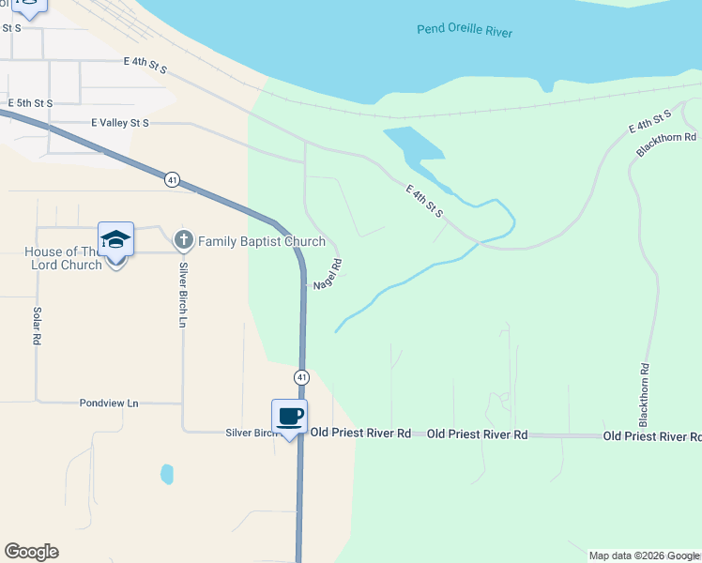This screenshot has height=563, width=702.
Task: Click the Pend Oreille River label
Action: [465, 31]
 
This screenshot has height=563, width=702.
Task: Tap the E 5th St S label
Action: [30, 102]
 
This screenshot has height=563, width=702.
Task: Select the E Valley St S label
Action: [120, 123]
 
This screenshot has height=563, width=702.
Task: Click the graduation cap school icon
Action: [115, 240]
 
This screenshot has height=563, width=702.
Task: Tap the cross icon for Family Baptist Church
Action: [183, 241]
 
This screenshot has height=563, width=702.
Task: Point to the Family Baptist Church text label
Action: [249, 241]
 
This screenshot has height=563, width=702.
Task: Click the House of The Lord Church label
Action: [63, 258]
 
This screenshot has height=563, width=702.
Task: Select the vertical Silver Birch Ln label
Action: [183, 295]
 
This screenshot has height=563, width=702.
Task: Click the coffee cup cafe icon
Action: [289, 416]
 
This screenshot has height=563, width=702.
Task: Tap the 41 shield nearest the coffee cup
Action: [301, 376]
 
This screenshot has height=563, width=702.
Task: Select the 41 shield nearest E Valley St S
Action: [171, 179]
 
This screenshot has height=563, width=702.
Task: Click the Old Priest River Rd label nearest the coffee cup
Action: [361, 434]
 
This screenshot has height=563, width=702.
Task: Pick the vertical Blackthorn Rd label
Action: [645, 394]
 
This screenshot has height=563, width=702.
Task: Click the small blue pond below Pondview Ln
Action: [167, 474]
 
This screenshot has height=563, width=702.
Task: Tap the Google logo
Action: [31, 552]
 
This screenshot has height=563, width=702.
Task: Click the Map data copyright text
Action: [644, 555]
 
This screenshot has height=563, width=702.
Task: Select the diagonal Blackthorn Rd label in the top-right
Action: [666, 145]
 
